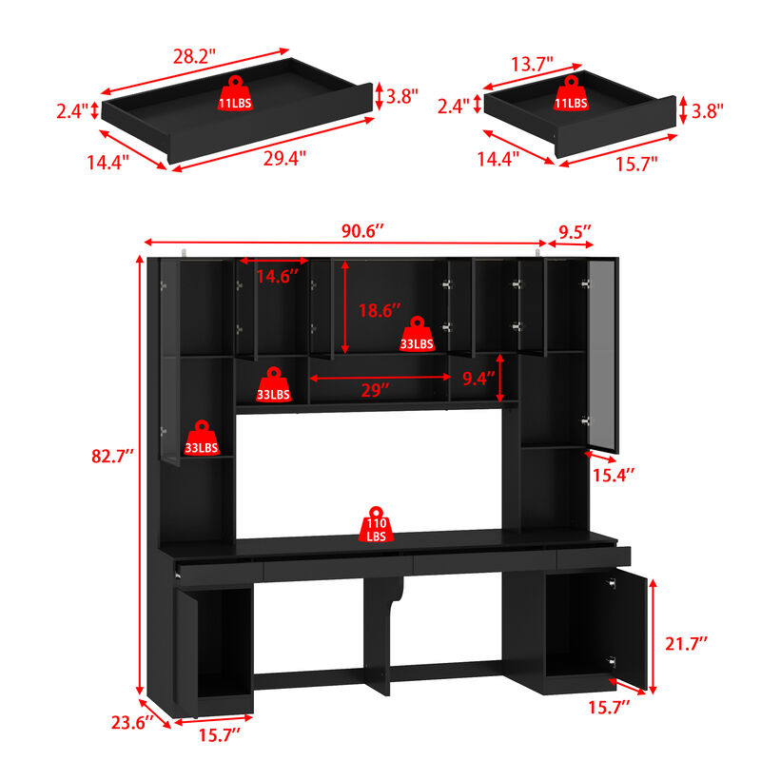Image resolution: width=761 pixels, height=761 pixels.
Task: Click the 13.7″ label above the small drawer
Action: pos(532,65)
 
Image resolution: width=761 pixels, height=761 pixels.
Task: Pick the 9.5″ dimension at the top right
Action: pos(575,231)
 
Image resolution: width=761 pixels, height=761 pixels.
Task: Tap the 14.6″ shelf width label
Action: pos(277,277)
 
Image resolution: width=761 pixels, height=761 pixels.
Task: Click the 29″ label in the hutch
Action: pos(376,391)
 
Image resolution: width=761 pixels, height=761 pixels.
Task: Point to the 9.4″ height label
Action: pos(479,378)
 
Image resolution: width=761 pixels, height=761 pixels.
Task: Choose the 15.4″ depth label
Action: pos(615,473)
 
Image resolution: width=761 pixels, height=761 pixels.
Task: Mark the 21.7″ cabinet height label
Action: pos(687,644)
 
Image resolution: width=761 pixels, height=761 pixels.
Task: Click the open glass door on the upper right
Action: pos(602,357)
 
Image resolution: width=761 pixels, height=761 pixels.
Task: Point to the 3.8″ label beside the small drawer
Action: pos(708,109)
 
